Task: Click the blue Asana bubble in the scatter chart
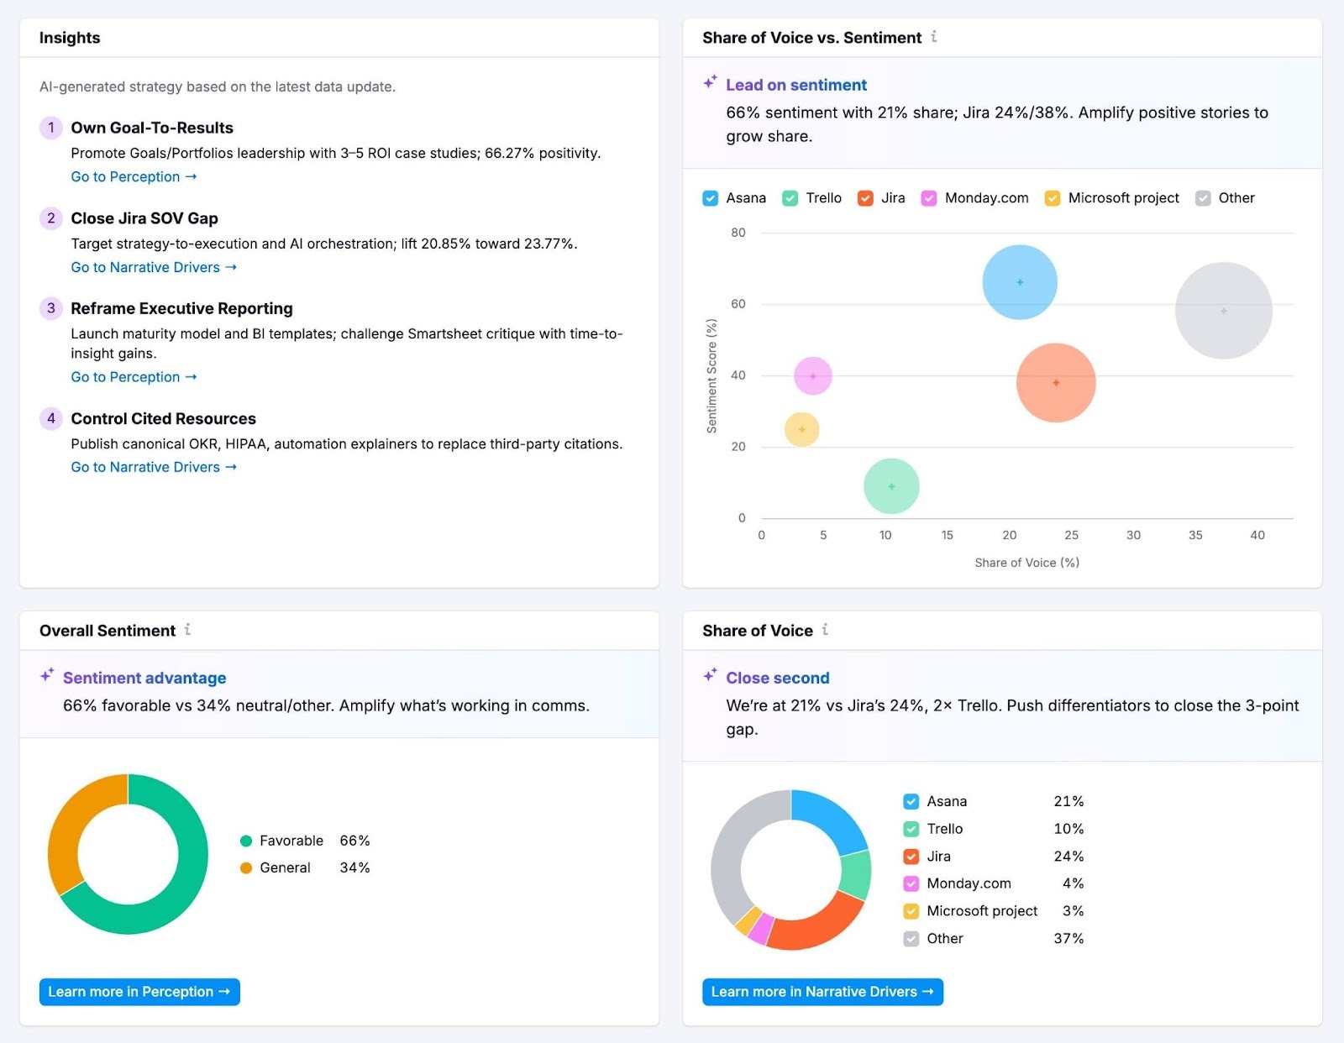coord(1019,282)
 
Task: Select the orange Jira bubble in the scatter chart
coord(1056,383)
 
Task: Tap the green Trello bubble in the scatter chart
coord(891,486)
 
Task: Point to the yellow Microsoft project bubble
coord(801,429)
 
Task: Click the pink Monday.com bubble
coord(812,376)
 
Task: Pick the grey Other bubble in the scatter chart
coord(1223,311)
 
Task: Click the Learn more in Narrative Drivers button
coord(822,992)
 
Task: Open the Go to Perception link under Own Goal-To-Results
coord(133,177)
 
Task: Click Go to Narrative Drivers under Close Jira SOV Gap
coord(153,268)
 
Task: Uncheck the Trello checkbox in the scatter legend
coord(790,198)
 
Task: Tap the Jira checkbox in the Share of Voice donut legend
coord(911,857)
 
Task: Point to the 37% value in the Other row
coord(1068,939)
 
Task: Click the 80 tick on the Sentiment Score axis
coord(738,233)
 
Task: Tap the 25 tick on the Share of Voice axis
coord(1071,536)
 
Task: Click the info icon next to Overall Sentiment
coord(187,629)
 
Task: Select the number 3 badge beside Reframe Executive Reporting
coord(51,308)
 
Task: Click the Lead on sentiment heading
coord(795,85)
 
